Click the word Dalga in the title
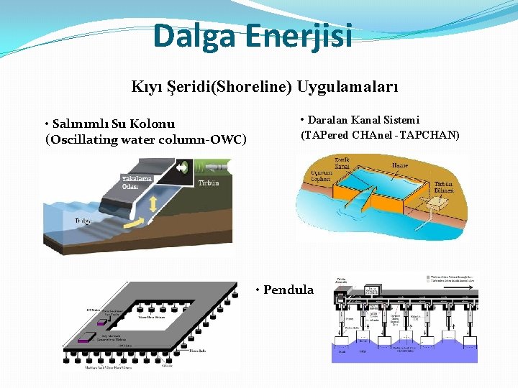pos(190,36)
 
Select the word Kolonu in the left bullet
pos(152,124)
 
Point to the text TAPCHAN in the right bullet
pos(432,134)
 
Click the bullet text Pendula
pos(288,290)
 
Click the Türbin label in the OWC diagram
pos(209,183)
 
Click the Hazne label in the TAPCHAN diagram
pos(400,166)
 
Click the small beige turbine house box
pos(435,205)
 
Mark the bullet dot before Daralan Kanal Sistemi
pos(303,119)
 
